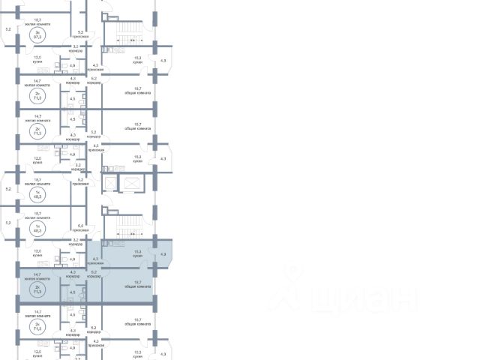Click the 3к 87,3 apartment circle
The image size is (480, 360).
coord(37,34)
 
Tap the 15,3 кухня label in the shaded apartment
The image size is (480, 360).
coord(137,254)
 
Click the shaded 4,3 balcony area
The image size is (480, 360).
coord(163,254)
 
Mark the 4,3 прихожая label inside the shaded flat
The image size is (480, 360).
coord(95,260)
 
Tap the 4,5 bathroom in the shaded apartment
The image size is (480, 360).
coord(73,292)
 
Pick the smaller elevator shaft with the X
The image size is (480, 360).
coord(109,183)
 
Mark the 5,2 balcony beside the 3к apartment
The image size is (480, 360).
coord(8,28)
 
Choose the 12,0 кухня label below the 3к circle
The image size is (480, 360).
coord(37,58)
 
